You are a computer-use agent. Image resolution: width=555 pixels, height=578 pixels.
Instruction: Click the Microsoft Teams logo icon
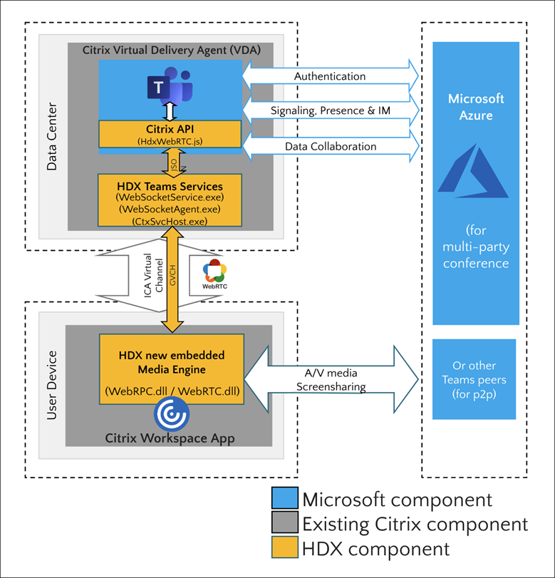(x=170, y=88)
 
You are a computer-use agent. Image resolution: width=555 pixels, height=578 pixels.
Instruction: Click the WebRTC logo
(x=215, y=275)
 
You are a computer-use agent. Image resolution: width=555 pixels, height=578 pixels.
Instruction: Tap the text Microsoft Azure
(x=475, y=106)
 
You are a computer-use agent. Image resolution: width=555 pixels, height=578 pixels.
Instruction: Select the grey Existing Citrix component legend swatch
(x=285, y=525)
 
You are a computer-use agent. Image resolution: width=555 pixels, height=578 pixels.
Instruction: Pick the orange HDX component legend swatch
(x=285, y=549)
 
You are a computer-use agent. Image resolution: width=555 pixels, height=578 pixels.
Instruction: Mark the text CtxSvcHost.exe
(x=170, y=222)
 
